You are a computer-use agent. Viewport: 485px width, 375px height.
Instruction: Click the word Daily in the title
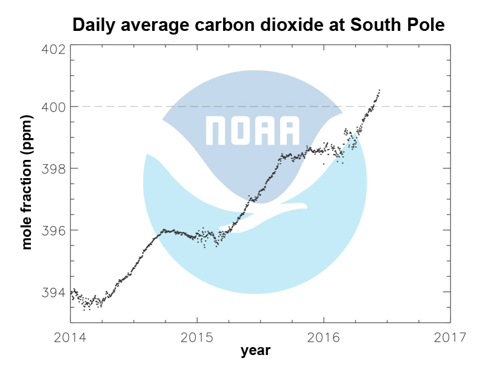(92, 25)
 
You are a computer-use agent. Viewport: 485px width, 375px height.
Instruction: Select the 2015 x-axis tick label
(197, 336)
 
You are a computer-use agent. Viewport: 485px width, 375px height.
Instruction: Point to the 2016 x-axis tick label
(324, 336)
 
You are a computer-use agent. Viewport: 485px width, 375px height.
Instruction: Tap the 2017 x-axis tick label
(450, 336)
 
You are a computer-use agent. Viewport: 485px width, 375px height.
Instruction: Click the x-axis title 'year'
(255, 351)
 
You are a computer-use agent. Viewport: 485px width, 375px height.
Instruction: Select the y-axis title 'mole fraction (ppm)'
(27, 182)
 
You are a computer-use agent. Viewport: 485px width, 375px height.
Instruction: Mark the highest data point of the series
(380, 90)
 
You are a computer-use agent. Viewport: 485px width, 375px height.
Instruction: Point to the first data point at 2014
(72, 293)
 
